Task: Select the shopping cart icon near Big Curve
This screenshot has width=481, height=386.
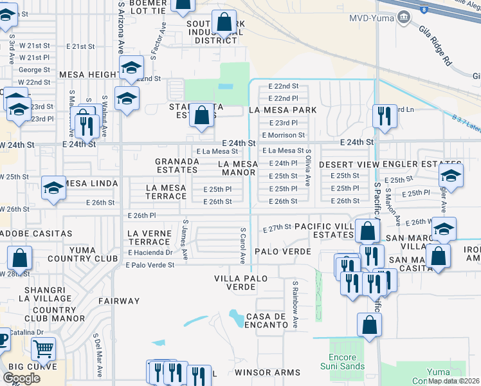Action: click(x=43, y=349)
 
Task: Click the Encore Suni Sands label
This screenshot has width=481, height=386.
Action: click(x=343, y=362)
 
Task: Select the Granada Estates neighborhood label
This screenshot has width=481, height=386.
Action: click(x=176, y=165)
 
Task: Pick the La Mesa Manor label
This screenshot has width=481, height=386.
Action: click(x=238, y=168)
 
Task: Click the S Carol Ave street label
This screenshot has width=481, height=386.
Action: click(x=243, y=245)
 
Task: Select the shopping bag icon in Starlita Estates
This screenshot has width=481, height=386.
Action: click(x=202, y=116)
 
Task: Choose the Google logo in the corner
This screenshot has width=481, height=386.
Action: click(x=21, y=378)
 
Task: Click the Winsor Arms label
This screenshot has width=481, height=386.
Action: click(x=268, y=372)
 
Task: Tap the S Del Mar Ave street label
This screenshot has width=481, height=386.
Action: click(x=97, y=350)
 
